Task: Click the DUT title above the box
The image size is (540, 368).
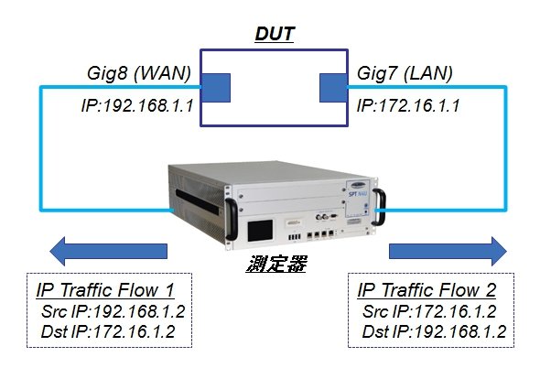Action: (x=275, y=34)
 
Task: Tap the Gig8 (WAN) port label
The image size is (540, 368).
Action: (x=139, y=73)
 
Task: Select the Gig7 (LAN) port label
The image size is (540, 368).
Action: (x=405, y=73)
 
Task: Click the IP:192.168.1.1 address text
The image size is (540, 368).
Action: (x=137, y=105)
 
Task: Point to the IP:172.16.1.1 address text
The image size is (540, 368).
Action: (x=408, y=105)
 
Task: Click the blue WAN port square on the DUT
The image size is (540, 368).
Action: (x=216, y=88)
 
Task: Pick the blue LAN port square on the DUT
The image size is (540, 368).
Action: (x=333, y=88)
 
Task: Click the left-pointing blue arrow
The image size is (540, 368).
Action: (x=109, y=251)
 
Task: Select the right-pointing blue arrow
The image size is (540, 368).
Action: (x=448, y=251)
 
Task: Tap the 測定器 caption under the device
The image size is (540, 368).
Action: (x=276, y=265)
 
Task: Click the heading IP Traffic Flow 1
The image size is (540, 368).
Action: (x=105, y=290)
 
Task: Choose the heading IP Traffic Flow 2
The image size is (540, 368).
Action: (x=427, y=290)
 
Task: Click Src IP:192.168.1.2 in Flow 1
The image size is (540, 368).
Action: (x=113, y=311)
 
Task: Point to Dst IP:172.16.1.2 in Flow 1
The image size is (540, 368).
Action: (x=108, y=331)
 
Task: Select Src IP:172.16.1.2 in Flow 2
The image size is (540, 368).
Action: (x=429, y=311)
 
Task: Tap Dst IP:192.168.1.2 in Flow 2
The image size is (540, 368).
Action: (x=434, y=331)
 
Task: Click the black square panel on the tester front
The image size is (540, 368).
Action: (x=260, y=231)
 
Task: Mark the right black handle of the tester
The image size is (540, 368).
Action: (x=380, y=207)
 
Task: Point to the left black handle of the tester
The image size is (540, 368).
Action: (x=231, y=219)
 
